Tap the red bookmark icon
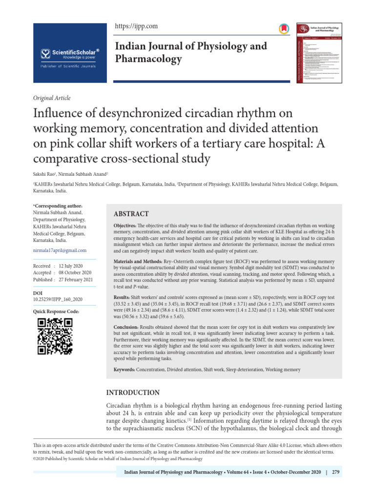click(x=283, y=29)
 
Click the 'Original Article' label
click(x=51, y=98)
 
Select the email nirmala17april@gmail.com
click(x=60, y=250)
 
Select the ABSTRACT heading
click(x=131, y=214)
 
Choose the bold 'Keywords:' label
click(x=125, y=370)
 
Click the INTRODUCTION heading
click(x=133, y=393)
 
